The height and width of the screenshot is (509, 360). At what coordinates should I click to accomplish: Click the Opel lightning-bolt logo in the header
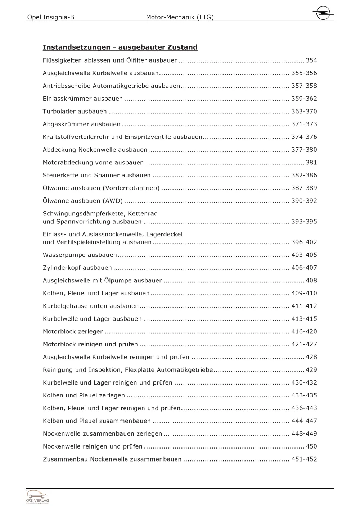[x=323, y=13]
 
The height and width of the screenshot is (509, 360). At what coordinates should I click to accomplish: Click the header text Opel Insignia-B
[x=51, y=17]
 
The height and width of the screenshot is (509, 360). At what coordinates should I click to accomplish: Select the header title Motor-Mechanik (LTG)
[x=180, y=17]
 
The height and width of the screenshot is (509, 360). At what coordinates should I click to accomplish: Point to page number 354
[x=311, y=60]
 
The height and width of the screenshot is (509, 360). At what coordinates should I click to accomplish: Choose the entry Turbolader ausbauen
[x=75, y=112]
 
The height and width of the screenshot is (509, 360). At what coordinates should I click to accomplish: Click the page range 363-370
[x=304, y=112]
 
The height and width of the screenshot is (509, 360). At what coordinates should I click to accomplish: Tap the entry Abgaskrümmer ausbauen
[x=82, y=124]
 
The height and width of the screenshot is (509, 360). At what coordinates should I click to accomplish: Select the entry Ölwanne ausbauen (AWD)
[x=83, y=201]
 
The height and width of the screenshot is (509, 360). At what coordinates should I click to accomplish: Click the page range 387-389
[x=304, y=188]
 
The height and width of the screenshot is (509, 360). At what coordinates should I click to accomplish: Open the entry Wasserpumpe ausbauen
[x=80, y=255]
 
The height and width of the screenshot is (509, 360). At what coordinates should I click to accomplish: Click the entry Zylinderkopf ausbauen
[x=77, y=268]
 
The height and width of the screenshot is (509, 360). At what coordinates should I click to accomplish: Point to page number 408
[x=311, y=281]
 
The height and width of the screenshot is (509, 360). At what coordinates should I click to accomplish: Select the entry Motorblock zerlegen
[x=73, y=332]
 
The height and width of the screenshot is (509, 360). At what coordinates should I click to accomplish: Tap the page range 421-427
[x=304, y=344]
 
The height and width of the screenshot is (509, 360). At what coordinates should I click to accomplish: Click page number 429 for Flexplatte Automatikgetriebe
[x=311, y=370]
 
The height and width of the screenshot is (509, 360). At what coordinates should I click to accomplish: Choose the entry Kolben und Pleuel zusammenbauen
[x=97, y=421]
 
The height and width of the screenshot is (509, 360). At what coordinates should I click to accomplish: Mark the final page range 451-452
[x=304, y=459]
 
